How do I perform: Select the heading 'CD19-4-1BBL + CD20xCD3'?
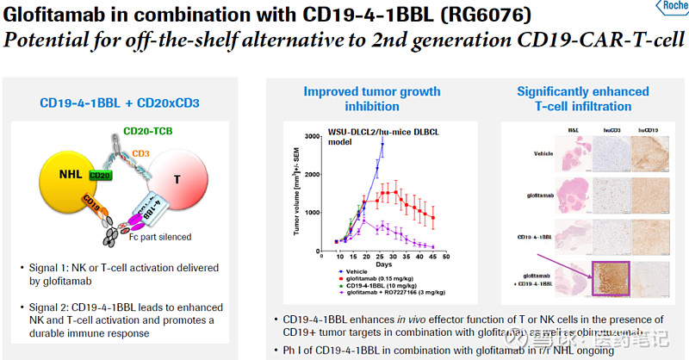[120, 102]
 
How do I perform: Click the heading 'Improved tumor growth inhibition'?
[371, 98]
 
